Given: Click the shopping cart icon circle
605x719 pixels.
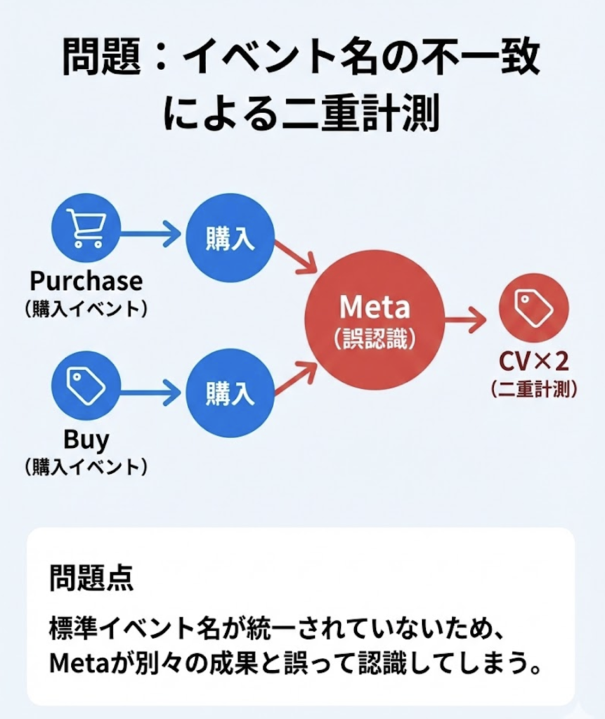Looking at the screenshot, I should click(86, 228).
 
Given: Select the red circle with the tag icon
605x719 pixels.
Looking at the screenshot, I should click(533, 308).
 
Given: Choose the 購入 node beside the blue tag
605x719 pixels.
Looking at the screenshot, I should click(229, 393).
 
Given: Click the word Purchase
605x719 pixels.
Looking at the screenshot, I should click(86, 281).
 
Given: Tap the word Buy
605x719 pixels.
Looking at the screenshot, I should click(86, 440).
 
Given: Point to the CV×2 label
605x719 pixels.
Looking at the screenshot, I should click(534, 361).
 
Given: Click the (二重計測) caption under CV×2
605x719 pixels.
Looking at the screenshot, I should click(534, 388).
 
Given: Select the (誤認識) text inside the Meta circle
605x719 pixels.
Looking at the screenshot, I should click(375, 340).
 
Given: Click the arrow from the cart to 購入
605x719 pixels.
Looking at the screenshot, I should click(150, 232).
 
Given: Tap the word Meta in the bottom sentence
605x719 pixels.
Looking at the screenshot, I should click(74, 662).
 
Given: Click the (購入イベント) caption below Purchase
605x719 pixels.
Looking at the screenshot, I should click(86, 309).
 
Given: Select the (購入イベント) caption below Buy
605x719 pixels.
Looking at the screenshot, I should click(86, 466).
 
